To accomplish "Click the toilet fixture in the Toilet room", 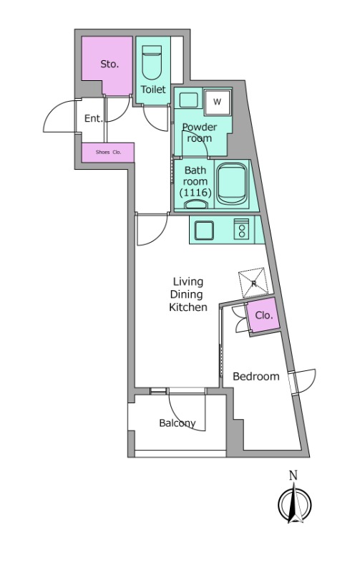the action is (x=152, y=62).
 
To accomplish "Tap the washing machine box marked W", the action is (x=217, y=102).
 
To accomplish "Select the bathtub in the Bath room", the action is (x=232, y=183).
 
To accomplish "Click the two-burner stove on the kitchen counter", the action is (x=241, y=229).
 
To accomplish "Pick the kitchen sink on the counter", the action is (x=204, y=230).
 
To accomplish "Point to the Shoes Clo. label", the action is (x=108, y=152).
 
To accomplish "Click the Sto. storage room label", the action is (x=110, y=64).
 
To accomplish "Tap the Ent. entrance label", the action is (x=94, y=118).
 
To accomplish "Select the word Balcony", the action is (x=177, y=423).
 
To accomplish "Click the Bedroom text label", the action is (x=256, y=376).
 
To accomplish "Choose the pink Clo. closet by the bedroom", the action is (x=263, y=314).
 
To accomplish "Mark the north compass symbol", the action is (x=295, y=503).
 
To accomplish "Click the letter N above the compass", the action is (x=293, y=476).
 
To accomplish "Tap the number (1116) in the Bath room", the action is (x=195, y=192).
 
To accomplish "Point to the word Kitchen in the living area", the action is (x=188, y=307).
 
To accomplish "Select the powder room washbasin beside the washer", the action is (x=188, y=100).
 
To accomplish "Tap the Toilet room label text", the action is (x=153, y=89).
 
